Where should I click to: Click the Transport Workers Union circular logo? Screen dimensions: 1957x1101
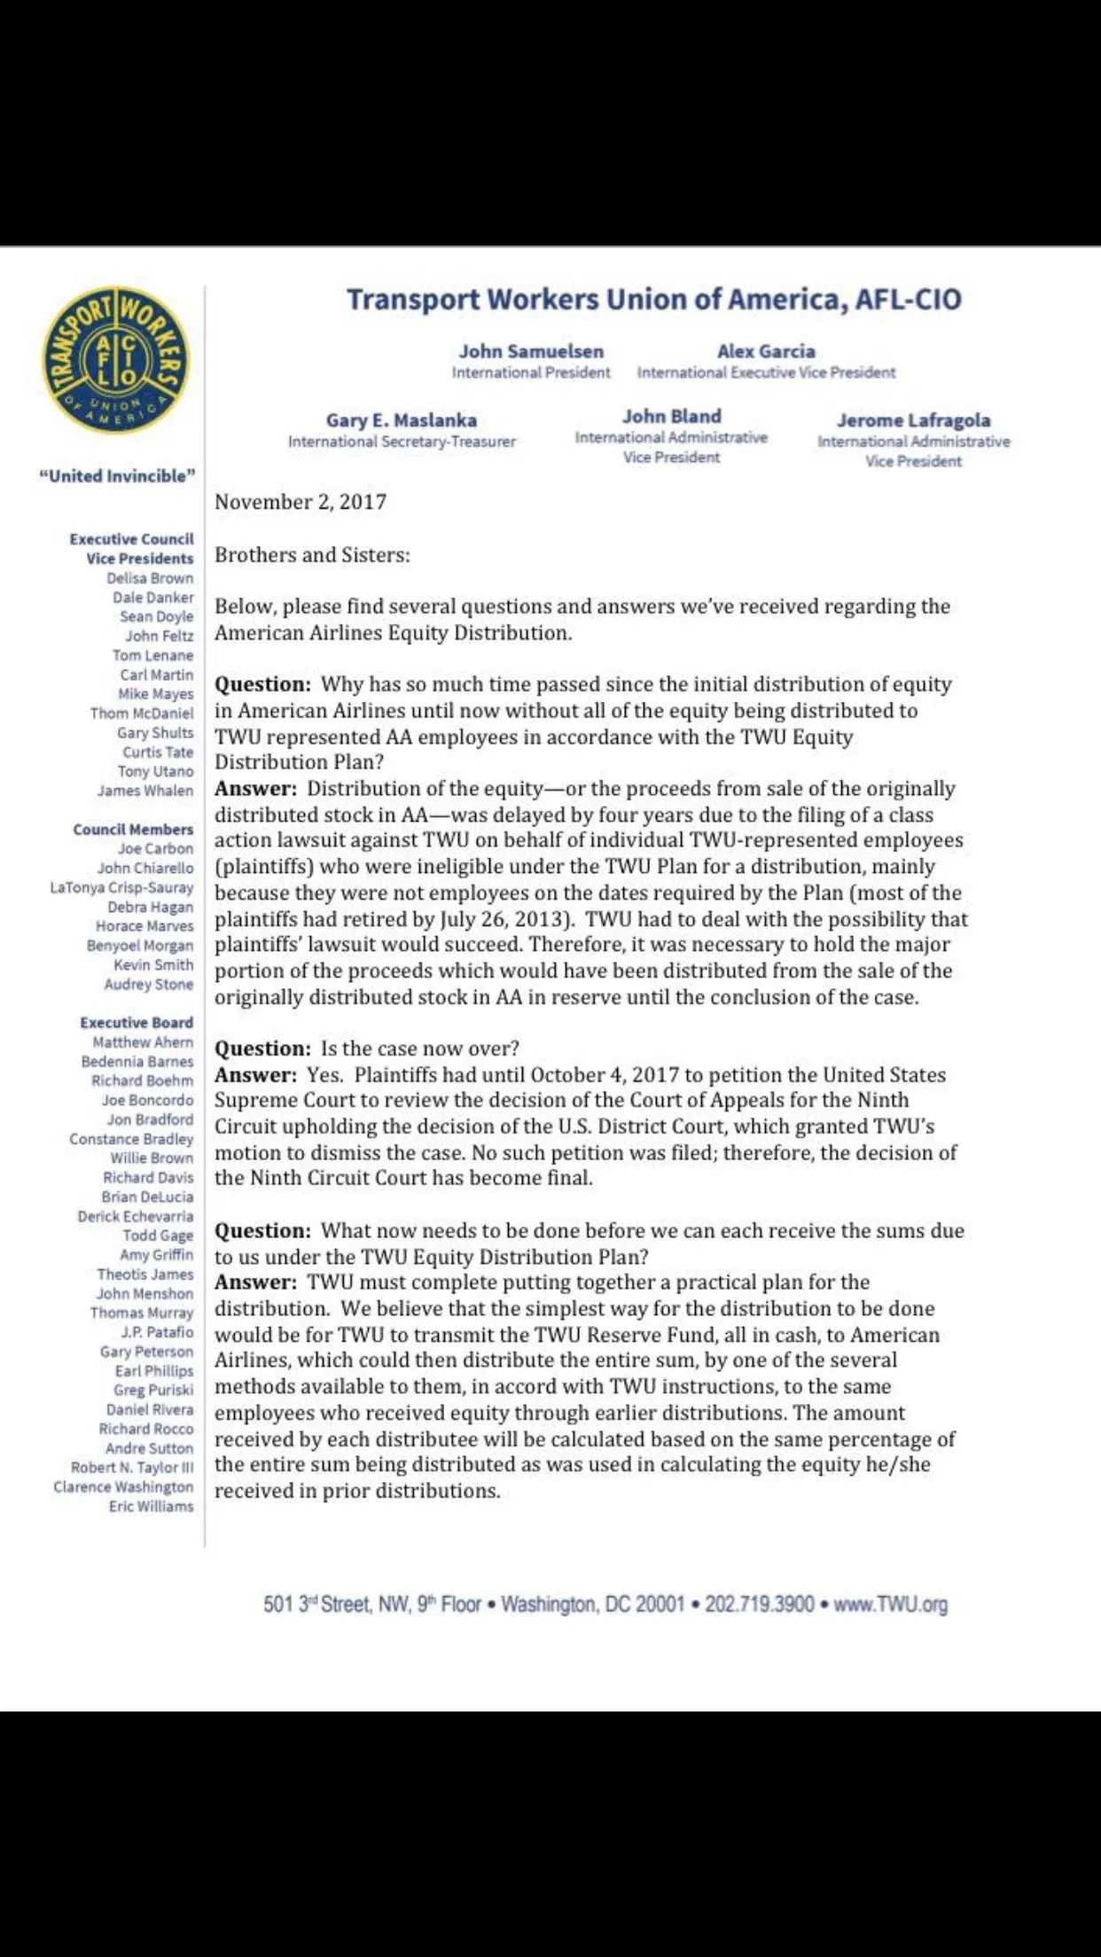(x=116, y=361)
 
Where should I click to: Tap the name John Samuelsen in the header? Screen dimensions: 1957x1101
(x=531, y=351)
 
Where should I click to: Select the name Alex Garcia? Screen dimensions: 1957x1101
(x=766, y=351)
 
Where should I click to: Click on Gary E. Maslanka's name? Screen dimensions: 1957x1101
(x=402, y=420)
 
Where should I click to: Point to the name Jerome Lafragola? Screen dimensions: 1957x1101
(x=913, y=420)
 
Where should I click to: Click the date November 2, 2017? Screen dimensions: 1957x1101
(x=301, y=503)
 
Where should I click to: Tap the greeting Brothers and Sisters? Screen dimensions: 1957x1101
(x=312, y=556)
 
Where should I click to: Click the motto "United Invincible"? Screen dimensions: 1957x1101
(x=117, y=476)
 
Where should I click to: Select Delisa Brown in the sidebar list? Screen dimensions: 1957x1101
(x=150, y=578)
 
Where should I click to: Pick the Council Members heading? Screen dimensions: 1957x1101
(x=133, y=830)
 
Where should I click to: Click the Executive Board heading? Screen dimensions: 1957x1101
(x=137, y=1023)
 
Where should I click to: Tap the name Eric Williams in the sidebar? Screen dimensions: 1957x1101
(x=151, y=1507)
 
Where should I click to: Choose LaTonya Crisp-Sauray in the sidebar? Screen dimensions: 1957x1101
(x=121, y=887)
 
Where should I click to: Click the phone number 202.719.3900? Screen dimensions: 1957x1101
(x=759, y=1604)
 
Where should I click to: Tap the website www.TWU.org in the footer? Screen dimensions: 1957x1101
(x=890, y=1604)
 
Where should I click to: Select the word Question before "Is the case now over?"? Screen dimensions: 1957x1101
(x=262, y=1049)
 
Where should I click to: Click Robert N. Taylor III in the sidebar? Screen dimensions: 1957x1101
(x=132, y=1468)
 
